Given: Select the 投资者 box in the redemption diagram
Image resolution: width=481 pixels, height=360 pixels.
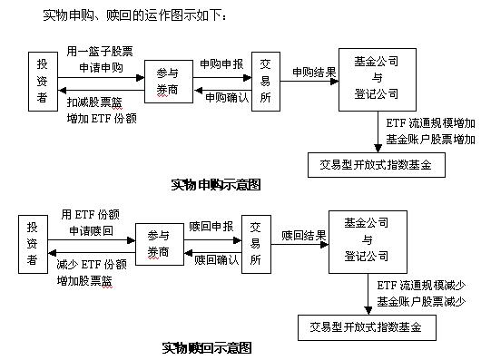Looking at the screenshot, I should pos(33,243).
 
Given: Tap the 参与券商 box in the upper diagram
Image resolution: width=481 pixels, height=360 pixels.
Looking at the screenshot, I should pos(165,82).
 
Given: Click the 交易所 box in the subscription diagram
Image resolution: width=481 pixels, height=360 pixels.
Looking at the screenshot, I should pos(264,80).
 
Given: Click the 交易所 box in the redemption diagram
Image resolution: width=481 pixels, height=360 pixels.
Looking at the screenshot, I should pos(255,242).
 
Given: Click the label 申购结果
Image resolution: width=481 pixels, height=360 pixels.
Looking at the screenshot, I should pos(314,71).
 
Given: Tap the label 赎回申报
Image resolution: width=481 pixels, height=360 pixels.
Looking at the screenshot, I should pos(212,227).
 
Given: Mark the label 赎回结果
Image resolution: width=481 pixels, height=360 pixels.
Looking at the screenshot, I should pos(304,235).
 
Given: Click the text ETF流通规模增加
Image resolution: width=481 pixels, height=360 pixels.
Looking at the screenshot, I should pos(430,123).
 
